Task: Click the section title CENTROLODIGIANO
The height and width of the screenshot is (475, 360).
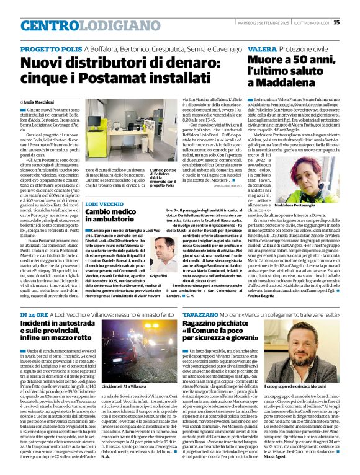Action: click(73, 25)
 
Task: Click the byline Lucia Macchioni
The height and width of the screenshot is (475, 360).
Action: click(38, 101)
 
